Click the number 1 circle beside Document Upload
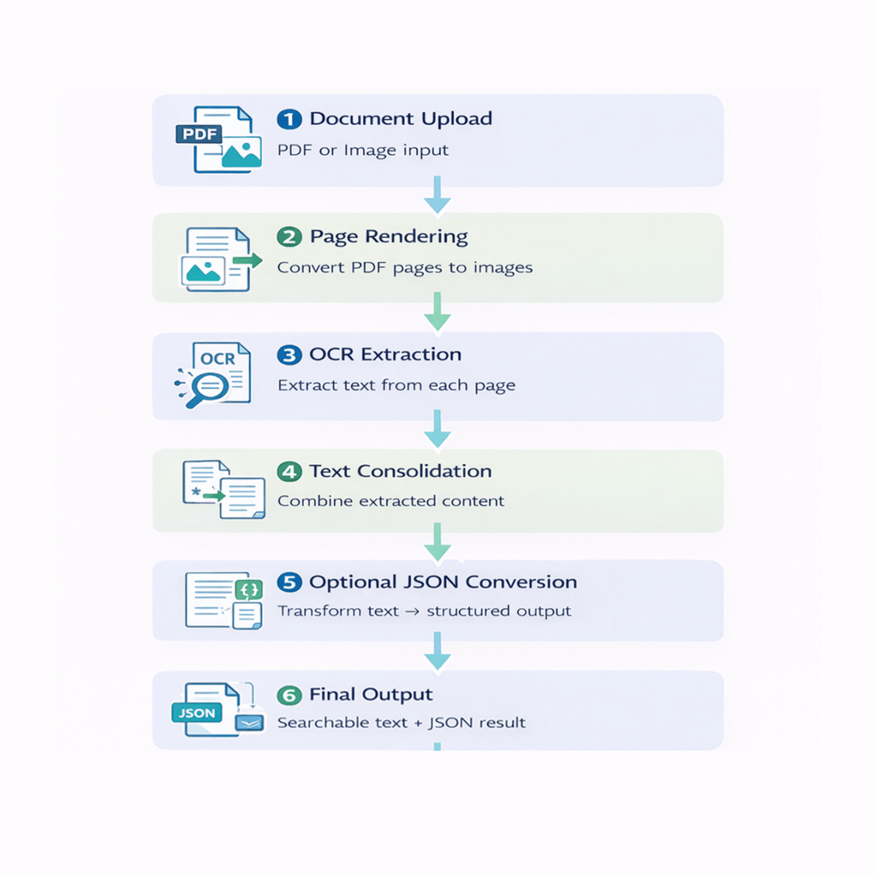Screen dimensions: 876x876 point(289,120)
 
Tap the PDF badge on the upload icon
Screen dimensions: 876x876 point(198,134)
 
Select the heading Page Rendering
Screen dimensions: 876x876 point(388,236)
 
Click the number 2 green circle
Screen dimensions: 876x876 point(289,237)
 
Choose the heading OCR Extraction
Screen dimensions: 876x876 point(385,354)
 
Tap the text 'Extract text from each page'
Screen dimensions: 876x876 point(396,385)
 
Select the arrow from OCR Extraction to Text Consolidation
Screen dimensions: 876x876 point(437,428)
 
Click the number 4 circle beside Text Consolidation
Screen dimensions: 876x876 point(289,471)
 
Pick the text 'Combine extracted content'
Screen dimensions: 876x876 point(391,500)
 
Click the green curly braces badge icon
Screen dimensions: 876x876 point(249,589)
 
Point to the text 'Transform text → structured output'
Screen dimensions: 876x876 point(424,612)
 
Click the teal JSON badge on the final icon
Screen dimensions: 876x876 point(197,713)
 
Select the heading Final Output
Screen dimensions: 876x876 point(370,694)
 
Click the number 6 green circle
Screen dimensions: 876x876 point(289,695)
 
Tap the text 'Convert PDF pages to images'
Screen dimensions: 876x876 point(405,267)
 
